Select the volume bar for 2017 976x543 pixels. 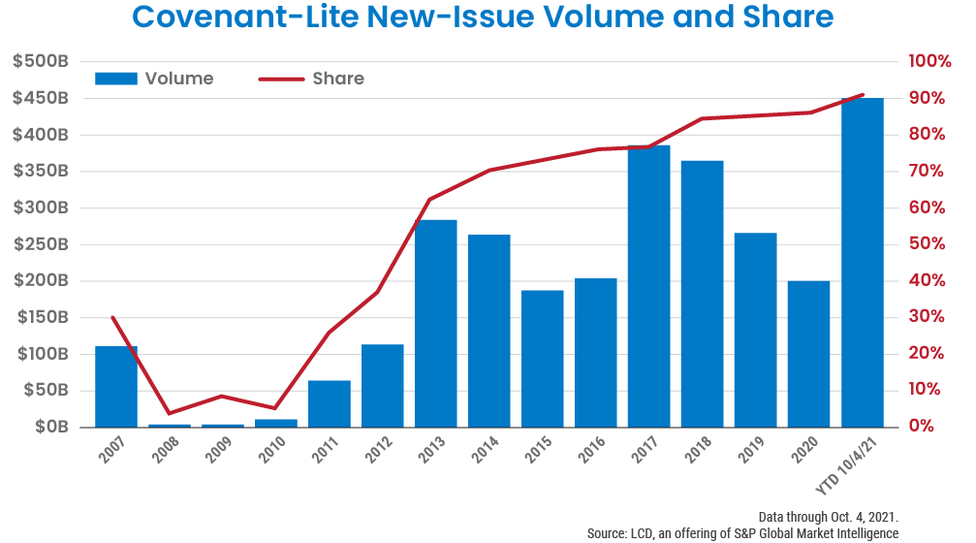648,286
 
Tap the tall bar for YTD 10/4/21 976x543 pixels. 862,263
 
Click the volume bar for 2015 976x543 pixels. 542,358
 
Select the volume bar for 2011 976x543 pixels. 329,403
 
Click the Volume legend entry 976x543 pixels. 155,79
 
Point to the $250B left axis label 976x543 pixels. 40,244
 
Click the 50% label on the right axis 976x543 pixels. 927,244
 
